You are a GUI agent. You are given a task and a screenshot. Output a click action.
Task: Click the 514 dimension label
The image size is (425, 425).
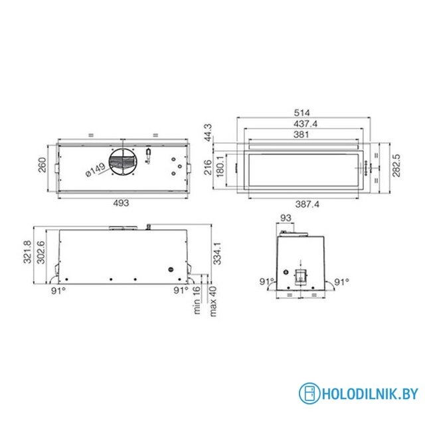[301, 113]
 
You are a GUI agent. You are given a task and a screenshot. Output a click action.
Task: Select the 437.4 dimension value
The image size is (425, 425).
[305, 124]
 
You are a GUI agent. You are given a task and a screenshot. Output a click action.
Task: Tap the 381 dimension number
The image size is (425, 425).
[301, 134]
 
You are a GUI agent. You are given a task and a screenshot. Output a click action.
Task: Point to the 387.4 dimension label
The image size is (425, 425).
[307, 204]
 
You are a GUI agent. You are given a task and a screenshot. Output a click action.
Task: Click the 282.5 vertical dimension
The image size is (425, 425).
[396, 165]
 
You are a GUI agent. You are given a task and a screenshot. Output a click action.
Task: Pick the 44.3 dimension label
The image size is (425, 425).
[209, 133]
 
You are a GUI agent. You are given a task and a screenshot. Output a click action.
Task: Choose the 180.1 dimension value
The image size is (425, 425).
[220, 166]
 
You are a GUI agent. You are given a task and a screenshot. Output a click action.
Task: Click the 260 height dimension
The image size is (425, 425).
[42, 165]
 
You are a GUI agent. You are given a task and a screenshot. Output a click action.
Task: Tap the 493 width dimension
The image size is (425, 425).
[121, 203]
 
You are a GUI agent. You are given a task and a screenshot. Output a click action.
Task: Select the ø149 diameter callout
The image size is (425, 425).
[96, 170]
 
